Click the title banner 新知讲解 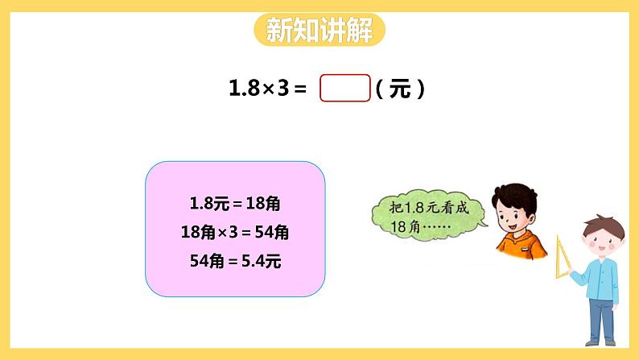(x=319, y=31)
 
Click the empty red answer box (x=345, y=89)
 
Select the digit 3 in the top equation (x=283, y=89)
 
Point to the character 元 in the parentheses (x=400, y=89)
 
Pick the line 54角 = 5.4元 (x=235, y=261)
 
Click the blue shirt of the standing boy (x=599, y=274)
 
